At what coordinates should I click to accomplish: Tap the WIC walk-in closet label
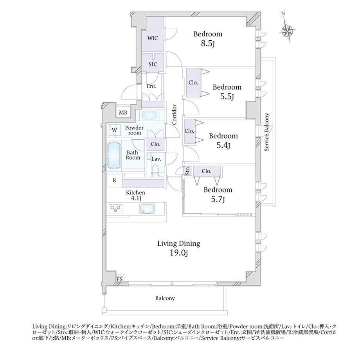pyautogui.click(x=153, y=38)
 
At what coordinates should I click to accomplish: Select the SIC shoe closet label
pyautogui.click(x=153, y=64)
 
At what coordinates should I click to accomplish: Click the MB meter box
pyautogui.click(x=123, y=113)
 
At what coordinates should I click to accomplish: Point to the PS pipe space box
pyautogui.click(x=119, y=279)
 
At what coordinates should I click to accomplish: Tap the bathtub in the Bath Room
pyautogui.click(x=114, y=155)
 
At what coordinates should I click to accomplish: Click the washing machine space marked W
pyautogui.click(x=114, y=130)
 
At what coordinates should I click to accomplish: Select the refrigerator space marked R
pyautogui.click(x=114, y=180)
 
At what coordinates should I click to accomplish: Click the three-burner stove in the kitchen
pyautogui.click(x=115, y=209)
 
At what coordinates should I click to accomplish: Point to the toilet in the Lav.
pyautogui.click(x=156, y=170)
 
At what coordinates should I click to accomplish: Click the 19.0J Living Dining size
pyautogui.click(x=179, y=253)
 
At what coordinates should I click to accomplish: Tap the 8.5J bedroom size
pyautogui.click(x=208, y=43)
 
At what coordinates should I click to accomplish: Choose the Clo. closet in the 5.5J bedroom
pyautogui.click(x=193, y=83)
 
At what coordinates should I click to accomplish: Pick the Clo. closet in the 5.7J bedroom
pyautogui.click(x=207, y=171)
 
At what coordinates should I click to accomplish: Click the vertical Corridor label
pyautogui.click(x=175, y=115)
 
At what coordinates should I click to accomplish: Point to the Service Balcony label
pyautogui.click(x=267, y=132)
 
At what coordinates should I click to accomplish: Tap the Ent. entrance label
pyautogui.click(x=151, y=86)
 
